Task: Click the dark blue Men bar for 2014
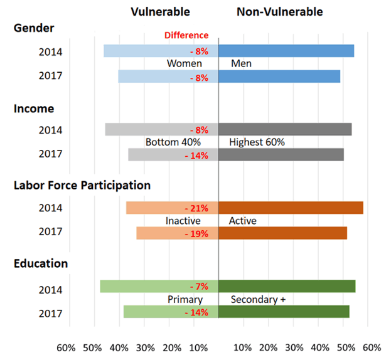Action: [x=286, y=51]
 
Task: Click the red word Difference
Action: [x=186, y=36]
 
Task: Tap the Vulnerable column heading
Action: [x=160, y=12]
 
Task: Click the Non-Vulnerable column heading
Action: [x=280, y=12]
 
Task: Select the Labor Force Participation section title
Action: [x=82, y=186]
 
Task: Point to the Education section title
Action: [x=41, y=264]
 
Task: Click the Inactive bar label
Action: [x=183, y=221]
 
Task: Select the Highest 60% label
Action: [x=257, y=142]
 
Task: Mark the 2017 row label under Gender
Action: [x=50, y=77]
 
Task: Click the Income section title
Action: [x=34, y=109]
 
